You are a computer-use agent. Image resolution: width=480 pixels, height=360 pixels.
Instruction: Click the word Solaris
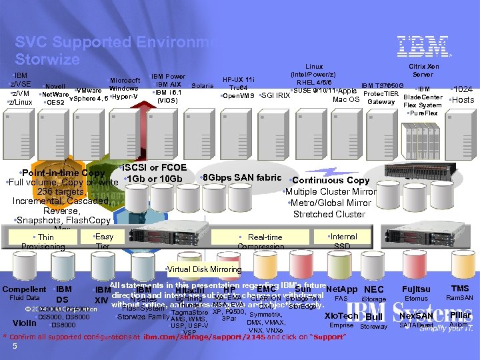coord(203,85)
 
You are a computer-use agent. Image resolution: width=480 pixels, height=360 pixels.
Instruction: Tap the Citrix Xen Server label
coord(423,71)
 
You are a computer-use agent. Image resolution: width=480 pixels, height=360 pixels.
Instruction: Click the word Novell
coord(55,87)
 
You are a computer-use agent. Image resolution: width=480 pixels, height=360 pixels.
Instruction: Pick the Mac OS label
coord(346,100)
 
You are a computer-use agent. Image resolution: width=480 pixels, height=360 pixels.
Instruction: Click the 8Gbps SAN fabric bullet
coord(241,177)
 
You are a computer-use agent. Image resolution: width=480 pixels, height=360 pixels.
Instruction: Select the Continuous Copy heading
coord(329,180)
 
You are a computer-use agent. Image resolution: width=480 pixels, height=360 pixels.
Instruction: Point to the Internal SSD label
coord(344,241)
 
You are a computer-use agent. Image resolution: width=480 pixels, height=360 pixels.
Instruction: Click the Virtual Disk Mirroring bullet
coord(203,269)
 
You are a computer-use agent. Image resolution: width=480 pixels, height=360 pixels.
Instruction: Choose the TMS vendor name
coord(460,289)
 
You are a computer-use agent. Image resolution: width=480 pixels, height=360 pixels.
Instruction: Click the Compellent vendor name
coord(24,289)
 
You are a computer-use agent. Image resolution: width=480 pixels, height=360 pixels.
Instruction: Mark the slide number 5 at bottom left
coord(14,346)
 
